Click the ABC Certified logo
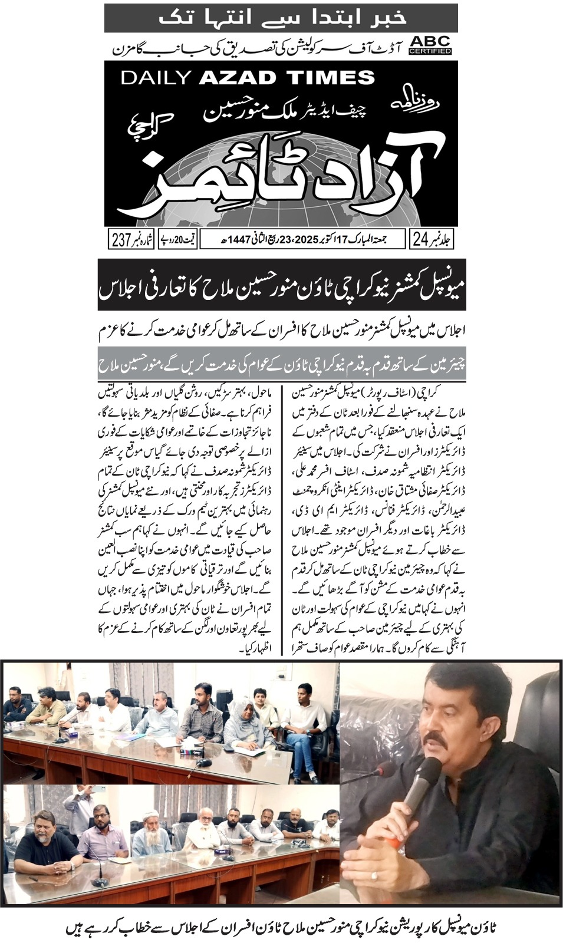tap(430, 45)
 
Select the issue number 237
tap(120, 240)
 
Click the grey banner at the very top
tap(281, 18)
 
